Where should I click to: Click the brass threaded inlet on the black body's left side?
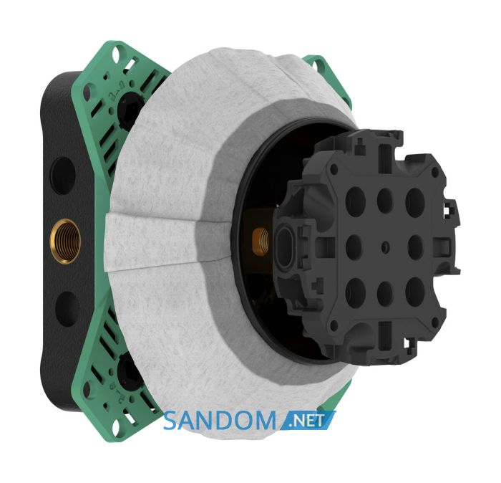tap(65, 241)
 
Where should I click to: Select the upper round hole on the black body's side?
tap(63, 176)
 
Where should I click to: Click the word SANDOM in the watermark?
tap(219, 421)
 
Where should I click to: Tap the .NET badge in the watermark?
tap(308, 421)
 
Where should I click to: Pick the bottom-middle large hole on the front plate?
tap(385, 292)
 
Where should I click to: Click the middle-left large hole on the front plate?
tap(354, 246)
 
